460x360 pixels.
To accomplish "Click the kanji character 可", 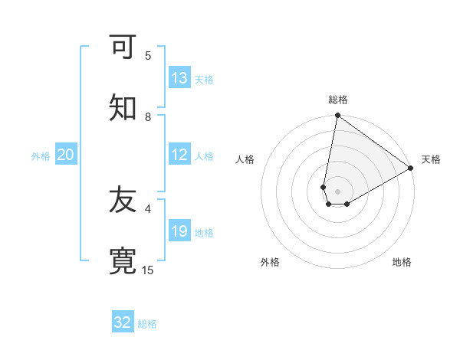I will [x=123, y=47].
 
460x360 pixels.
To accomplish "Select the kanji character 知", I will [x=123, y=108].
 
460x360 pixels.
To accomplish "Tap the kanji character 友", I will [x=123, y=201].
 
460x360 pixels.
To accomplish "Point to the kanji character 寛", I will [x=123, y=260].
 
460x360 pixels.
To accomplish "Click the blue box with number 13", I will [x=179, y=78].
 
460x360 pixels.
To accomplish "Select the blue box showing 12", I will [x=179, y=155].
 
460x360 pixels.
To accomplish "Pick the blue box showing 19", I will [x=179, y=231].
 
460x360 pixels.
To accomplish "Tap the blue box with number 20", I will [x=66, y=155].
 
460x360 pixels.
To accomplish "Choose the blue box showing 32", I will [x=123, y=322].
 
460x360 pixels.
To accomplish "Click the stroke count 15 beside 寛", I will [x=148, y=270].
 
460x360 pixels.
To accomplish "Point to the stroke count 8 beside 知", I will [x=148, y=116].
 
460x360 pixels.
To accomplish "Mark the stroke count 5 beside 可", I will [x=148, y=55].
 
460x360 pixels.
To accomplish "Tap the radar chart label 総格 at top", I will [x=338, y=100].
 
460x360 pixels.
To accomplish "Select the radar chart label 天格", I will [x=431, y=159].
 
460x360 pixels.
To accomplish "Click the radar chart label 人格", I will [x=245, y=159].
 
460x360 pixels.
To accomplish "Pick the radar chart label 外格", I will [x=270, y=262].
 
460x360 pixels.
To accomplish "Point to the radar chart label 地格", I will [x=402, y=262].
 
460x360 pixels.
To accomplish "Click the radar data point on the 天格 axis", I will [x=411, y=169].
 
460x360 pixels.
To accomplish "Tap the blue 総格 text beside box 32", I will [x=147, y=324].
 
